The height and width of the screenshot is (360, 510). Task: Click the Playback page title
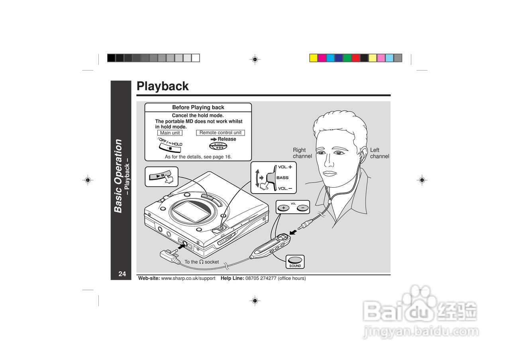coord(163,86)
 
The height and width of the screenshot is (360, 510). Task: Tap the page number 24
coord(122,274)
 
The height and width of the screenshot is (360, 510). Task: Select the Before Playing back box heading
coord(198,107)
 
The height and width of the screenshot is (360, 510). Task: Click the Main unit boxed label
coord(170,133)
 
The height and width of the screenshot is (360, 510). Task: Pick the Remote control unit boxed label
coord(220,133)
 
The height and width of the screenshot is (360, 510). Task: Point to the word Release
coord(227,139)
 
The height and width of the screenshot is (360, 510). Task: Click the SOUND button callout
coord(295,261)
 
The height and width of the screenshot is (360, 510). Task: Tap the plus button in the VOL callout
coord(283,207)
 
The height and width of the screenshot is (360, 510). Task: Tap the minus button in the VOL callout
coord(302,207)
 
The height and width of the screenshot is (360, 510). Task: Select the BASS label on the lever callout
coord(282,178)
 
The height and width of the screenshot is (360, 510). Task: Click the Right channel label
coord(302,153)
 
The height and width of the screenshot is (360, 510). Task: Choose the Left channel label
coord(379,153)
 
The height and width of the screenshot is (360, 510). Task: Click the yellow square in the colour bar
coord(314,58)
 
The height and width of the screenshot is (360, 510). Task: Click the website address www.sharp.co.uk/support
coord(188,278)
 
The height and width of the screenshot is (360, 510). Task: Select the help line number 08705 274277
coord(261,278)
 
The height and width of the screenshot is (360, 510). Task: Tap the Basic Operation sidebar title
coord(118,176)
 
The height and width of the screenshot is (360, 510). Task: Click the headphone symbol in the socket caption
coord(202,262)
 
